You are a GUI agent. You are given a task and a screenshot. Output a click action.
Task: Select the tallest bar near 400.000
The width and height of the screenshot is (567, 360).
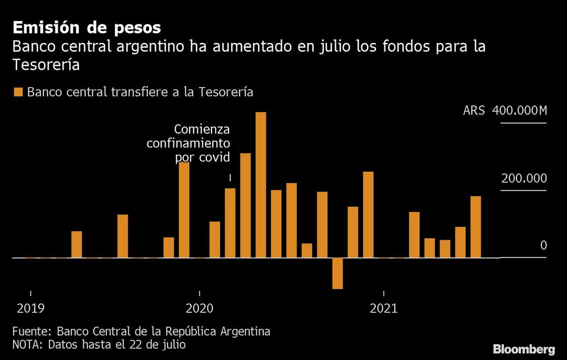point(261,185)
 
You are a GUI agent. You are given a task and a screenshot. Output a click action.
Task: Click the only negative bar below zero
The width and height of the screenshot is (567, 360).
point(338,273)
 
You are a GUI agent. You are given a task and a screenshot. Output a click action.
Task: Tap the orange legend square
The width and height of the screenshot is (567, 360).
point(18,92)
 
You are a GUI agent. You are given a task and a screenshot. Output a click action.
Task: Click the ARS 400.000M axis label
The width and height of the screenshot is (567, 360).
point(505,110)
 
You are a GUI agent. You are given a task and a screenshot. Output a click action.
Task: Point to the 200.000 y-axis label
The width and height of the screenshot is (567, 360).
point(523,178)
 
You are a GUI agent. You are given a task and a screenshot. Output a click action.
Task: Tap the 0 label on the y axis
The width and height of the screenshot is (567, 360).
point(543,245)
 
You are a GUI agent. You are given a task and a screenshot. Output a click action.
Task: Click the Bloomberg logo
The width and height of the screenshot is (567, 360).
point(523,349)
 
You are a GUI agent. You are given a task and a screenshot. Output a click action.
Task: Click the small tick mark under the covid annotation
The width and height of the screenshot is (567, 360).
point(230,178)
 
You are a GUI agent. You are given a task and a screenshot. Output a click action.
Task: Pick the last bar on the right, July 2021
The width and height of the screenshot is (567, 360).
point(476,227)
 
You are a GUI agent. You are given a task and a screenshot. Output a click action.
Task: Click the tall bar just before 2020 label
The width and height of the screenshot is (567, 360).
point(184,210)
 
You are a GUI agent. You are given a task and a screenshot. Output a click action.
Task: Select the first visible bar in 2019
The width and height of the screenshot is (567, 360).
point(77,244)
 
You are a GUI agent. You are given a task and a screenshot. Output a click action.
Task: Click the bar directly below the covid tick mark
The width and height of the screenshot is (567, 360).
point(230,223)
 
